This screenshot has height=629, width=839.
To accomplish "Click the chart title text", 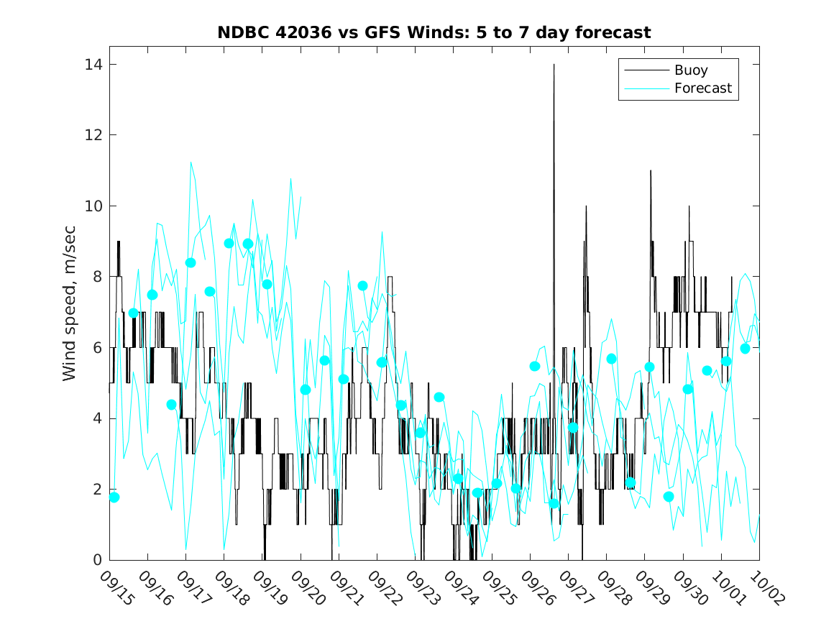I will (x=434, y=33).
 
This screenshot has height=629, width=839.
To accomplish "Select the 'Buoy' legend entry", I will (x=690, y=70).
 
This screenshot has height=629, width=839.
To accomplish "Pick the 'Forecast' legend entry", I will (x=702, y=88).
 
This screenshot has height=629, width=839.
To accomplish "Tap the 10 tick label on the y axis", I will (x=92, y=206).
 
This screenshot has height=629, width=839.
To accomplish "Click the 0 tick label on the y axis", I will (x=96, y=560).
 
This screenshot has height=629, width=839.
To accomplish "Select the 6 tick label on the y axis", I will (x=96, y=348).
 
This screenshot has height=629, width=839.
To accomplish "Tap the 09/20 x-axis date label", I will (x=309, y=589).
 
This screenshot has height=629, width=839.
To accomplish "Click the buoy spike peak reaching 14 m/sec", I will (x=554, y=65).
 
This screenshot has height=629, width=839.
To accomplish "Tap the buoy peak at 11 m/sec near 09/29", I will (x=651, y=171).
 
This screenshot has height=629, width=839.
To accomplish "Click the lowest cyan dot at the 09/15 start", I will (x=114, y=497).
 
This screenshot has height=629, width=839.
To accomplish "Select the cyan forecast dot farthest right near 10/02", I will (x=746, y=348).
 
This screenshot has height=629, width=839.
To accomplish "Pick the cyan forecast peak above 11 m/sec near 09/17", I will (x=191, y=162).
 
